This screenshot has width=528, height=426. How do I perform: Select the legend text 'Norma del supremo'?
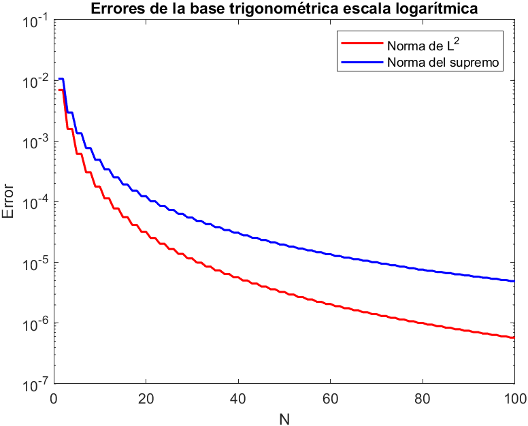click(444, 63)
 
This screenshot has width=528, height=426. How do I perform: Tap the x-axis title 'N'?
click(284, 417)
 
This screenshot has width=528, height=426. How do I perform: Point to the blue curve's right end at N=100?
click(514, 281)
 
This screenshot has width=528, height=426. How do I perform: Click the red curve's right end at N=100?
click(514, 338)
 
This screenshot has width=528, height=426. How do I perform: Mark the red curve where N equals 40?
click(237, 278)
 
